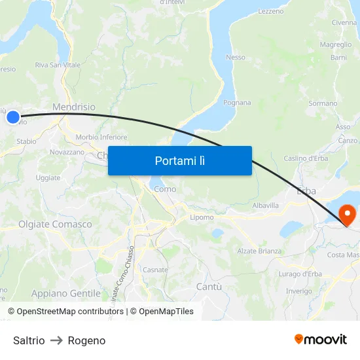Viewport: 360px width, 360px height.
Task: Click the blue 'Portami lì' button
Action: click(x=180, y=160)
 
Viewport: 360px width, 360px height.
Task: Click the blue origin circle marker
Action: click(x=13, y=117)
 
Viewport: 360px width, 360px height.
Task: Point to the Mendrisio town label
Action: click(x=73, y=107)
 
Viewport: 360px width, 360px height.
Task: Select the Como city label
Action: click(x=165, y=189)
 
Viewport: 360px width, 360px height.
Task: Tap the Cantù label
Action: click(x=209, y=287)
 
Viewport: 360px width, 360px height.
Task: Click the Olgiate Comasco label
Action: click(x=55, y=224)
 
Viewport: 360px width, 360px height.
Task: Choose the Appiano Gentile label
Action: click(x=66, y=293)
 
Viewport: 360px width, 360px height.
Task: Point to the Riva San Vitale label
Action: click(x=58, y=65)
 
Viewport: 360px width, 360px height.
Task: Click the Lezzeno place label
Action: click(x=271, y=11)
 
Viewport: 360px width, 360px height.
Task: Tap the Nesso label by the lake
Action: click(x=236, y=57)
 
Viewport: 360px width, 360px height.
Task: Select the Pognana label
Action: click(x=237, y=102)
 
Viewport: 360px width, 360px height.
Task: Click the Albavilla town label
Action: click(x=266, y=205)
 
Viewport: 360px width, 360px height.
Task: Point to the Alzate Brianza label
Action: click(x=259, y=251)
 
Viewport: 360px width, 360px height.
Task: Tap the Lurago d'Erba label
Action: click(x=299, y=274)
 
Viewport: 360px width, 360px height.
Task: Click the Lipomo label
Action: click(x=202, y=217)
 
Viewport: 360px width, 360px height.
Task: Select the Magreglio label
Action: click(x=335, y=45)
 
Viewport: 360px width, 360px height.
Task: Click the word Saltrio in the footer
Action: click(x=29, y=340)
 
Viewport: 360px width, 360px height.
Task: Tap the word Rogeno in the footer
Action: click(x=86, y=340)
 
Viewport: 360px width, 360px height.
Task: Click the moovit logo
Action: click(x=321, y=339)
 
